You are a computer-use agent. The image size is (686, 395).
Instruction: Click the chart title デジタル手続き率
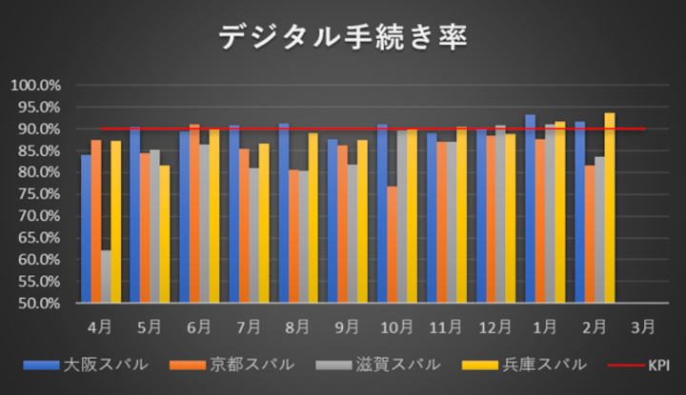(x=343, y=37)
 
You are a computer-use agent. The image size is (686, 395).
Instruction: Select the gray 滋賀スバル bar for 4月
(x=106, y=277)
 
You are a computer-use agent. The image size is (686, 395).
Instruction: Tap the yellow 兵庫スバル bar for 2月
(x=610, y=208)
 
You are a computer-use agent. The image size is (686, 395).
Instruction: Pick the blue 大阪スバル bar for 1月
(x=530, y=209)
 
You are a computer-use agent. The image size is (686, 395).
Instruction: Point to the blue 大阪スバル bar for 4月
(x=86, y=229)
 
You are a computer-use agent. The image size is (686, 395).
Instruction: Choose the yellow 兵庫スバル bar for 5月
(x=165, y=234)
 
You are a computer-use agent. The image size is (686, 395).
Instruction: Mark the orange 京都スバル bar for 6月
(x=194, y=214)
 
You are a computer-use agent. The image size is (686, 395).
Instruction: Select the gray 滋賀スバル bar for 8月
(x=303, y=237)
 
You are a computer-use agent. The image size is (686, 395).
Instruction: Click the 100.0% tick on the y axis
(x=35, y=86)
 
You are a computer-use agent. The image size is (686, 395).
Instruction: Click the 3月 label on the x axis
(x=643, y=326)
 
